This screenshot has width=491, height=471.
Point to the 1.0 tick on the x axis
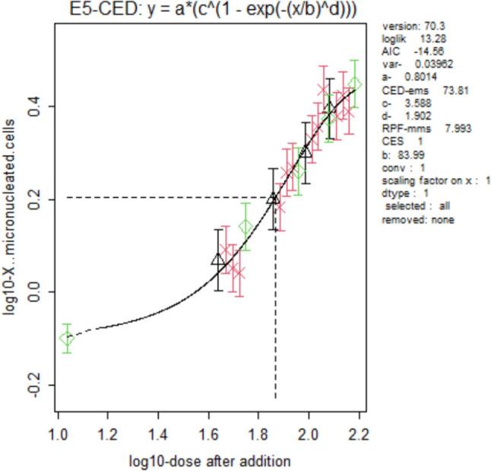(x=58, y=436)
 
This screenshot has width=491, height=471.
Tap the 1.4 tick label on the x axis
(x=158, y=436)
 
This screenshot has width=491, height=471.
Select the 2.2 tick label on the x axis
(x=359, y=436)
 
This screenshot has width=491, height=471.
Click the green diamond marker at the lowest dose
(x=67, y=339)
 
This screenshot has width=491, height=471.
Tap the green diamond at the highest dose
(x=354, y=84)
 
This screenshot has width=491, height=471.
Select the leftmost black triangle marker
(x=218, y=260)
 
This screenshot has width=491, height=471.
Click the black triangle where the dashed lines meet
(x=274, y=198)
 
